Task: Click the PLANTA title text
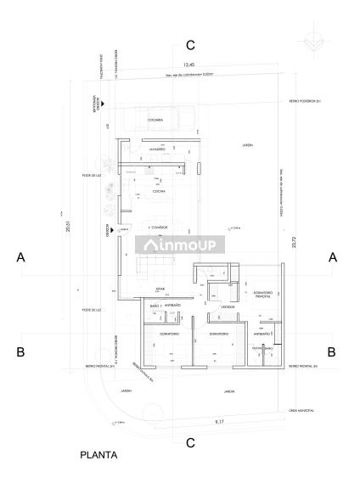[98, 455]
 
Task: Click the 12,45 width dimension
[190, 65]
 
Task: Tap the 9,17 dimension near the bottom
[219, 421]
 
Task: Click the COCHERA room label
[154, 121]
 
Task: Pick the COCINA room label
[159, 193]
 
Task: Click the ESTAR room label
[149, 289]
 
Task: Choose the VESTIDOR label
[228, 306]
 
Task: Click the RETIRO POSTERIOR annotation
[301, 100]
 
